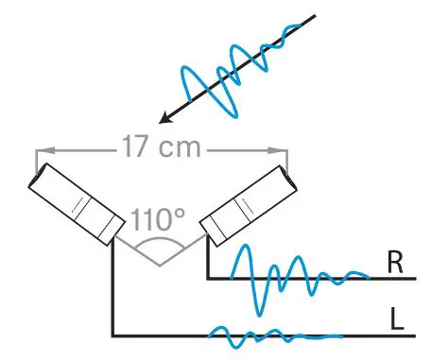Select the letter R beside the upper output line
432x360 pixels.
click(x=395, y=264)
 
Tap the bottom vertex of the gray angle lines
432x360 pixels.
click(x=159, y=266)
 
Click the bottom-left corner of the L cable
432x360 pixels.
click(x=112, y=335)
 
